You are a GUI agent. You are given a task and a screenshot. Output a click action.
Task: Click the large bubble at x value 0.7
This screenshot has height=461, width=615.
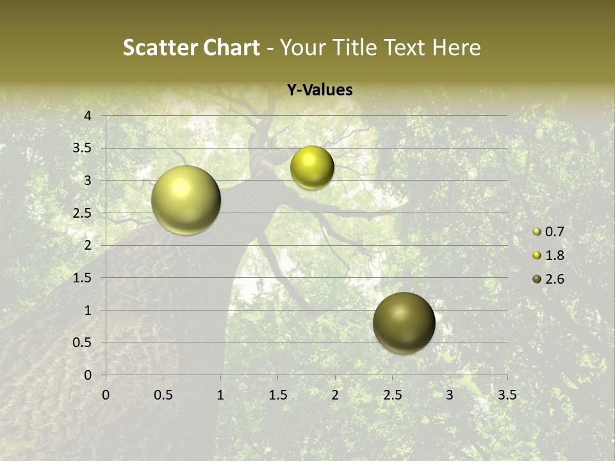click(x=186, y=200)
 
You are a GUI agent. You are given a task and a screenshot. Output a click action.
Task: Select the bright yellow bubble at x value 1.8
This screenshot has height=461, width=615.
click(x=312, y=167)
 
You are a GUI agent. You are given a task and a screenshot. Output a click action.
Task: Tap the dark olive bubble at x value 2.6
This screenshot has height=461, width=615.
click(x=404, y=323)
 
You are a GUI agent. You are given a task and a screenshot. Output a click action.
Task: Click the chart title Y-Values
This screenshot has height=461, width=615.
click(x=320, y=90)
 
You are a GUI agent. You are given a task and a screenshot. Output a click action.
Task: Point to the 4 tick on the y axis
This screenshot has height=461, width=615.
click(x=88, y=116)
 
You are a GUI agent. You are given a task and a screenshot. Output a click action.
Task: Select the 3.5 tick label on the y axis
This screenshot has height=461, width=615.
click(x=83, y=149)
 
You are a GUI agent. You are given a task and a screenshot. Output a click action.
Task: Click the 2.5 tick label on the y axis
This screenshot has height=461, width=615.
click(x=83, y=213)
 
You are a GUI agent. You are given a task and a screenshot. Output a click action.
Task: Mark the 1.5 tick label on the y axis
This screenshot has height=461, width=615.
click(x=83, y=278)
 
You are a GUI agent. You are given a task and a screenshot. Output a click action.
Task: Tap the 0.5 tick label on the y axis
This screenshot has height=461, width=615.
click(x=83, y=343)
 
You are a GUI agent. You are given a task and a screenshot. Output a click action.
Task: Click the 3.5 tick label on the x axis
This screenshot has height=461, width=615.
click(x=507, y=395)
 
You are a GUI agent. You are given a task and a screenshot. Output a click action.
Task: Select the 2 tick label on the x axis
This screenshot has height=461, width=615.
click(x=335, y=395)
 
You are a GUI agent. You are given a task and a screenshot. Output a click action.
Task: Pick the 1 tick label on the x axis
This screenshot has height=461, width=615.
click(x=220, y=395)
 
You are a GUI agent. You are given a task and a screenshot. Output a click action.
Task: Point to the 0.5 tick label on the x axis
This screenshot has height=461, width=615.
click(x=163, y=395)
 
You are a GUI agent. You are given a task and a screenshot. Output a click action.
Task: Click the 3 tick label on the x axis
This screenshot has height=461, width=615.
click(x=450, y=395)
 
